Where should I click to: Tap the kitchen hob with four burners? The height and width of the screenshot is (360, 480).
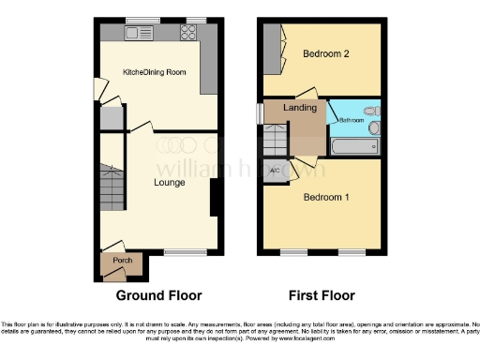pos(187,34)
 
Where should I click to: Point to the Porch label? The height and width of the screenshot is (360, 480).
pos(122,260)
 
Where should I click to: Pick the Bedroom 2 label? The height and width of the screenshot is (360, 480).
pos(325,54)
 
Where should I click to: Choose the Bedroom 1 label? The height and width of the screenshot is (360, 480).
pos(325,197)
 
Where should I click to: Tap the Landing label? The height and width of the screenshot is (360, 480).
pos(301,109)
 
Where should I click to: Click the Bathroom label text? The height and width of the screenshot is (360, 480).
pos(351,120)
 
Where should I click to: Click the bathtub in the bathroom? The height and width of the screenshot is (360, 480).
pos(354,146)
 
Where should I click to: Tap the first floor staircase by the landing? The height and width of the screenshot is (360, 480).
pos(274,141)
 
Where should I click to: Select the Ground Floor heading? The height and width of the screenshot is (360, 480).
pos(158,295)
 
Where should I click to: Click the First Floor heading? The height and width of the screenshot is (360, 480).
pos(321,295)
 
